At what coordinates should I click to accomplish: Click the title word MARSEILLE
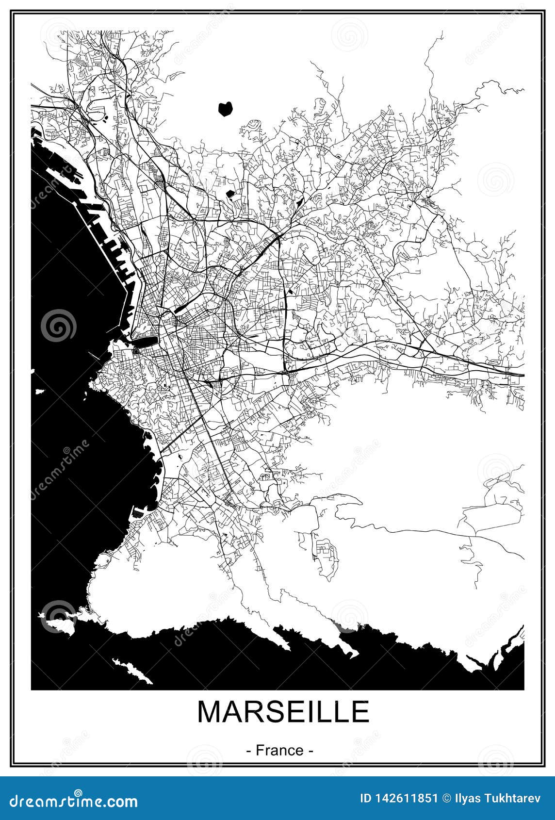tap(283, 712)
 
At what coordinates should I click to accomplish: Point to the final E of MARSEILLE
tap(360, 712)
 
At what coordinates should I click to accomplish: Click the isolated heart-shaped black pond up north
tap(225, 108)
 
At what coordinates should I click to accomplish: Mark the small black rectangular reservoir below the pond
tap(230, 195)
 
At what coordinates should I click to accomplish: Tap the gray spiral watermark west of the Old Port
tap(58, 325)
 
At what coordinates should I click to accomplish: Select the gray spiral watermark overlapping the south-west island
tap(58, 616)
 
